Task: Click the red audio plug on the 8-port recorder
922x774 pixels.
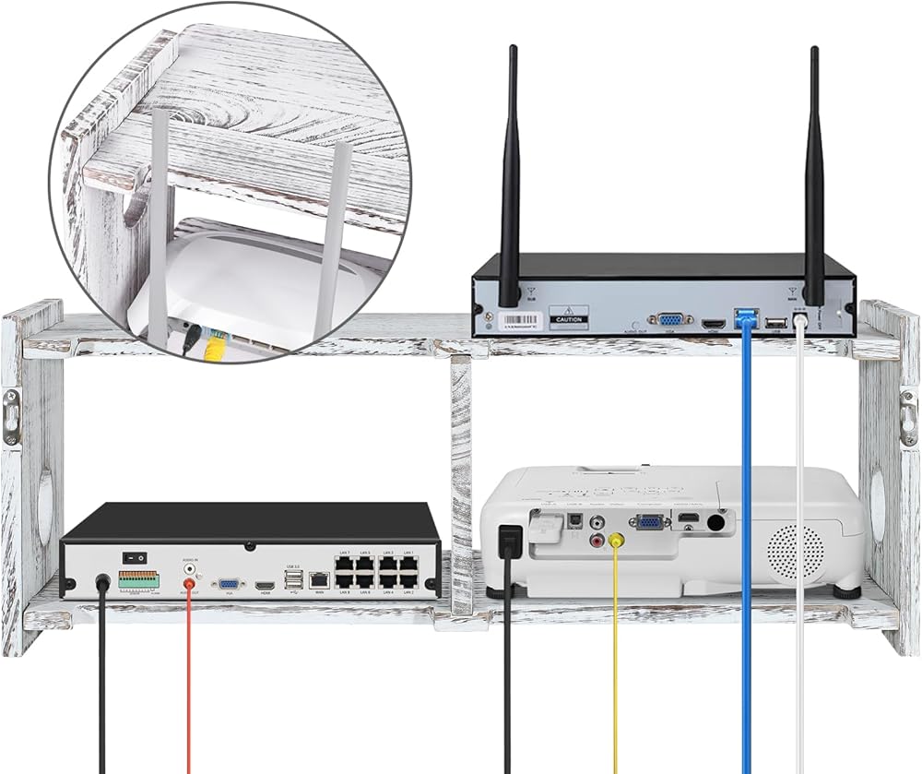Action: pos(191,582)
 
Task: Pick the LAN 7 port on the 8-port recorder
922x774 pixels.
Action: pos(343,566)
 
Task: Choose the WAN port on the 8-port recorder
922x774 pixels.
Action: pos(319,579)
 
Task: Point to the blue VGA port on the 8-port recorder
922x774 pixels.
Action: pos(227,584)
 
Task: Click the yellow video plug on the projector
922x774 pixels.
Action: pos(615,542)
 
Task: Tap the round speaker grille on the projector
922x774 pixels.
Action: pos(796,552)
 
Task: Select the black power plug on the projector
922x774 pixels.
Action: pos(507,542)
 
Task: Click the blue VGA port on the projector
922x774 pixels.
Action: pos(650,522)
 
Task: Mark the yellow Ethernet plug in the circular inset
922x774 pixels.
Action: pos(214,348)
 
